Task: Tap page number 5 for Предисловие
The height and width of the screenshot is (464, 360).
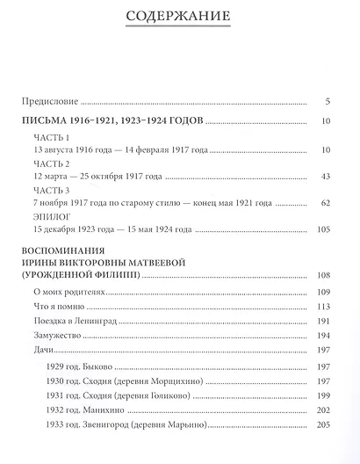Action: tap(326, 100)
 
